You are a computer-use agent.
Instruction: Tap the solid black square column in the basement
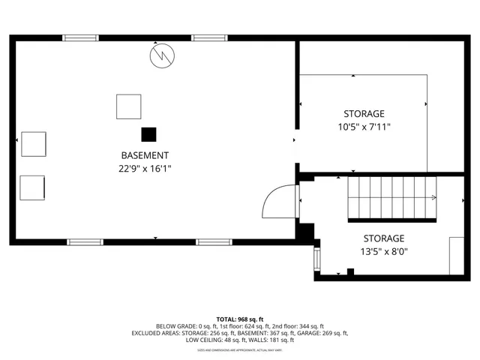(149, 134)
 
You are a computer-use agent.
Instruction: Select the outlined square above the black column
(128, 106)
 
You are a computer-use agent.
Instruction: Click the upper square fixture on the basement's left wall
(34, 143)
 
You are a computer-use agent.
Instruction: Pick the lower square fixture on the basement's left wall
(32, 187)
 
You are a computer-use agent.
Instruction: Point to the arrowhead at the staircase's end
(433, 198)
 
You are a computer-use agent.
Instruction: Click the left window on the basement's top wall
(80, 37)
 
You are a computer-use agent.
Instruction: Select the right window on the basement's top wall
(209, 37)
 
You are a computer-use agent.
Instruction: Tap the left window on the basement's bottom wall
(85, 242)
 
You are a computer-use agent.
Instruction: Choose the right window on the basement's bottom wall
(214, 242)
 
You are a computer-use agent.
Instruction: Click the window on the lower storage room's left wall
(316, 259)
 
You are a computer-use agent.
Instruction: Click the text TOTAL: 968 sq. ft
(239, 319)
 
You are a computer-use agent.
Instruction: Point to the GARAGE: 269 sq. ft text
(322, 333)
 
